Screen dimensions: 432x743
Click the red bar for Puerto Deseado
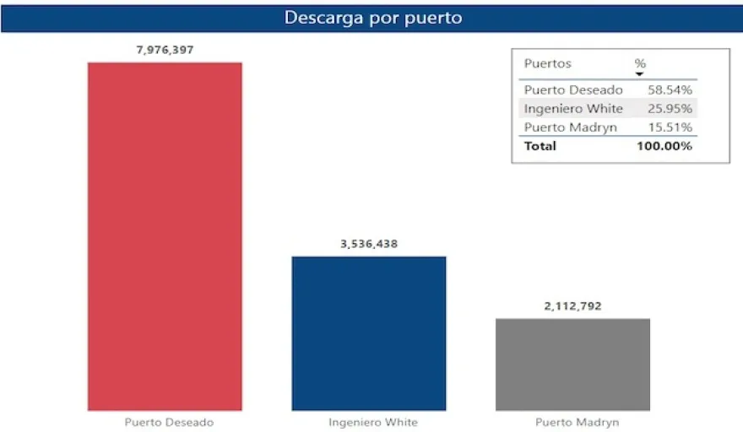[x=165, y=236]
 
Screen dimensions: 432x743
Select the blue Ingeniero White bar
[x=369, y=333]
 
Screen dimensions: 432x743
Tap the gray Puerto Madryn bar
[x=572, y=364]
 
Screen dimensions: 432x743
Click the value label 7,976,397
[x=165, y=50]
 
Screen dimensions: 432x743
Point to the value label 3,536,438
[x=369, y=244]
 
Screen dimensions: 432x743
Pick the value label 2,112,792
[x=572, y=306]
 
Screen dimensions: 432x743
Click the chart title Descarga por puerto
[x=371, y=17]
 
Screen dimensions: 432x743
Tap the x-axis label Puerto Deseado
[x=169, y=422]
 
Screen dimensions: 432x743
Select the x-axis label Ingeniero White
[x=372, y=422]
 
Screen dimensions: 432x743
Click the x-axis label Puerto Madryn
[x=577, y=422]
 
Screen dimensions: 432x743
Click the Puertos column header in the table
[x=547, y=63]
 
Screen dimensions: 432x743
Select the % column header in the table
[x=640, y=63]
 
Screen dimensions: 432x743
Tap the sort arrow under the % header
[x=640, y=75]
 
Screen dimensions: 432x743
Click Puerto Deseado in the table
[x=573, y=89]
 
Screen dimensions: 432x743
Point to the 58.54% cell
[x=670, y=89]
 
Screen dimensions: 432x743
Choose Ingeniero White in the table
[x=573, y=108]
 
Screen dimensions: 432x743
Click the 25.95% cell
[x=670, y=108]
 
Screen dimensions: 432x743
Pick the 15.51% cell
[x=670, y=127]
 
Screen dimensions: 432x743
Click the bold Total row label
[x=540, y=146]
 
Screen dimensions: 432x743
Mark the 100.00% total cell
[x=664, y=146]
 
